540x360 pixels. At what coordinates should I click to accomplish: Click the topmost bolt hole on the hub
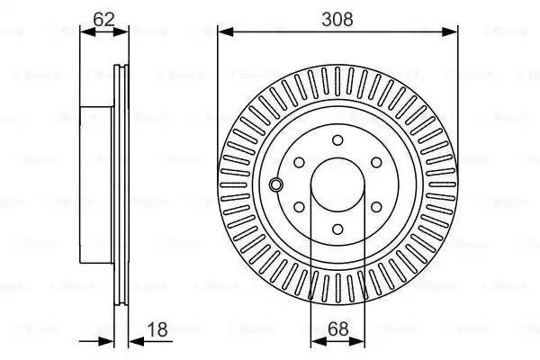point(337,140)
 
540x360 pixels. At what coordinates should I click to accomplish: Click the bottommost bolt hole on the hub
point(337,229)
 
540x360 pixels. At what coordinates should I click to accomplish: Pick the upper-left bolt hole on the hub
point(300,163)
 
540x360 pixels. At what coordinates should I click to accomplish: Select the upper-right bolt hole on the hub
point(375,163)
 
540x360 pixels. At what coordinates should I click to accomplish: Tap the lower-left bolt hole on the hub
point(300,207)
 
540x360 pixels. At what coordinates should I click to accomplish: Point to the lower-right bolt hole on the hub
point(375,207)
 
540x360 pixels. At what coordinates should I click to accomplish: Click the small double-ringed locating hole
point(276,184)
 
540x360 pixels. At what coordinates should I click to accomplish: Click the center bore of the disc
point(337,184)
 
